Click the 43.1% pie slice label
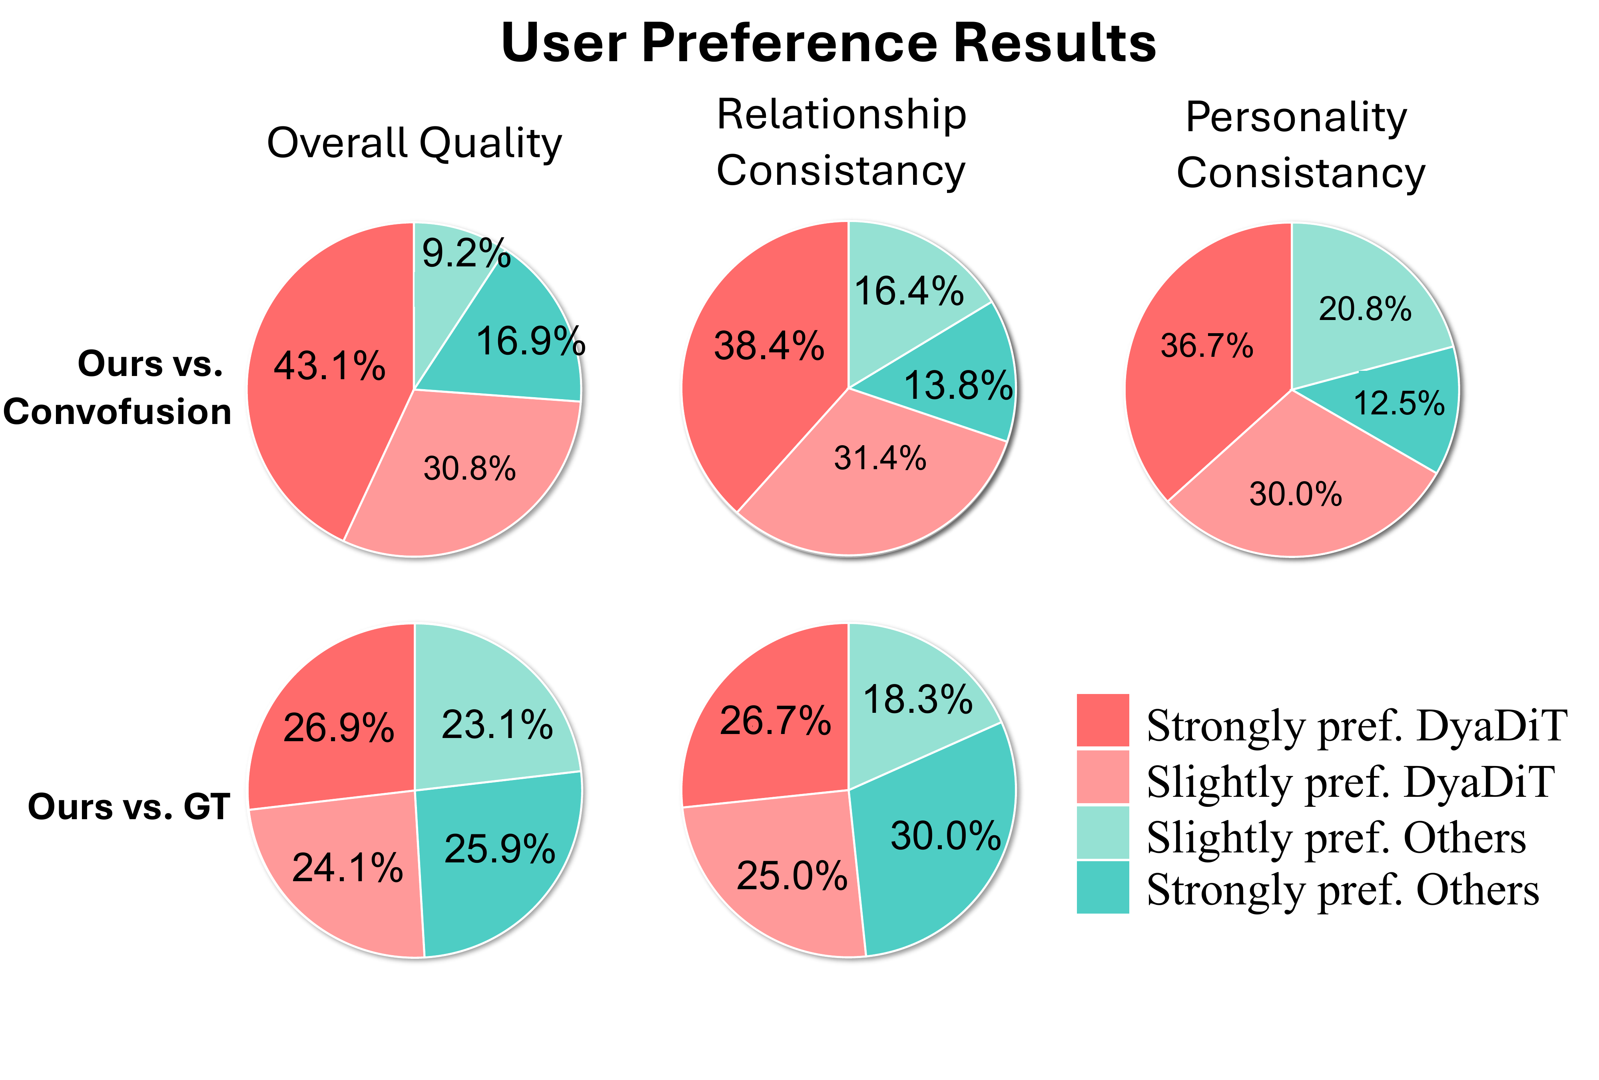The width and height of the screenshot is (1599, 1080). tap(329, 366)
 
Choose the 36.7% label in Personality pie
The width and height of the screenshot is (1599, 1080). tap(1207, 346)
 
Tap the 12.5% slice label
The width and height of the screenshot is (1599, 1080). tap(1399, 403)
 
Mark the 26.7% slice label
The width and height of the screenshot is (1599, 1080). tap(776, 721)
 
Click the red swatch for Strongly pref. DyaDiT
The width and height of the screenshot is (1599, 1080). tap(1102, 720)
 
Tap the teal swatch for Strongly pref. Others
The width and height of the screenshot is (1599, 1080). tap(1102, 888)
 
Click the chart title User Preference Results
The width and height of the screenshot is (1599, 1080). tap(828, 43)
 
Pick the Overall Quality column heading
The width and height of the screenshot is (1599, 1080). tap(414, 143)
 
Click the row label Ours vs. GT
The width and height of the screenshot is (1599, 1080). tap(129, 807)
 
